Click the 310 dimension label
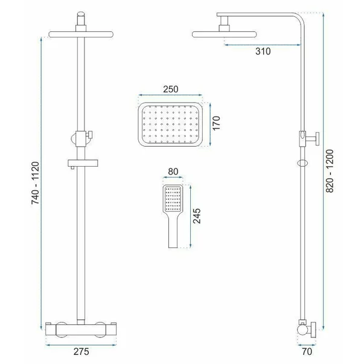coord(263,51)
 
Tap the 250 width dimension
coord(171,89)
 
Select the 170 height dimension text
coord(216,123)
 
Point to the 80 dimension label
coord(173,171)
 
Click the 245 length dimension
coord(197,216)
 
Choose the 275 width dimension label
coord(81,351)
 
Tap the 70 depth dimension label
coord(307,351)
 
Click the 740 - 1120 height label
coord(36,183)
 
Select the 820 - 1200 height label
coord(330,171)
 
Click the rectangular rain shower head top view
coord(170,124)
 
